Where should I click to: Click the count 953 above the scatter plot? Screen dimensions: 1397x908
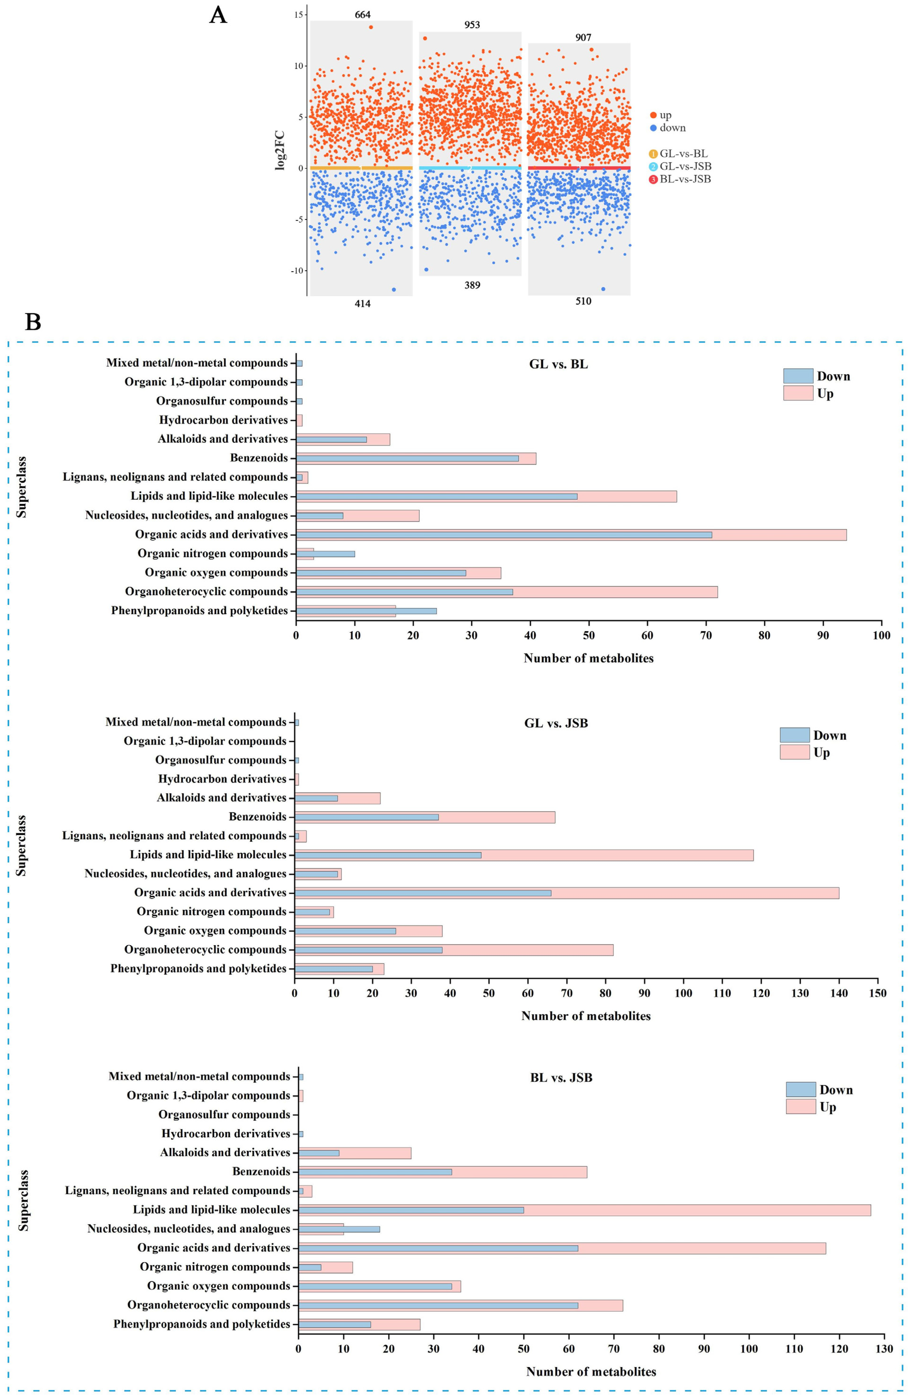pyautogui.click(x=472, y=25)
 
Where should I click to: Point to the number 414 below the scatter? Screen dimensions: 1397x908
pyautogui.click(x=363, y=304)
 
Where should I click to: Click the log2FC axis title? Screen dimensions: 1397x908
pyautogui.click(x=281, y=150)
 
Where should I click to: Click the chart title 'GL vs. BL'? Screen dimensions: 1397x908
pyautogui.click(x=558, y=364)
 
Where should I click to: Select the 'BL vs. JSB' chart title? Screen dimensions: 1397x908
pyautogui.click(x=561, y=1078)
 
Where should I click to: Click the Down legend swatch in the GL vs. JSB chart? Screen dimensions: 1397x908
pyautogui.click(x=794, y=735)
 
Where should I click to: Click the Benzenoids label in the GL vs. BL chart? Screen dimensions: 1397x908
pyautogui.click(x=259, y=458)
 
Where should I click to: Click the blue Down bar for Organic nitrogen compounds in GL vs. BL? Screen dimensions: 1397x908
pyautogui.click(x=326, y=554)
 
